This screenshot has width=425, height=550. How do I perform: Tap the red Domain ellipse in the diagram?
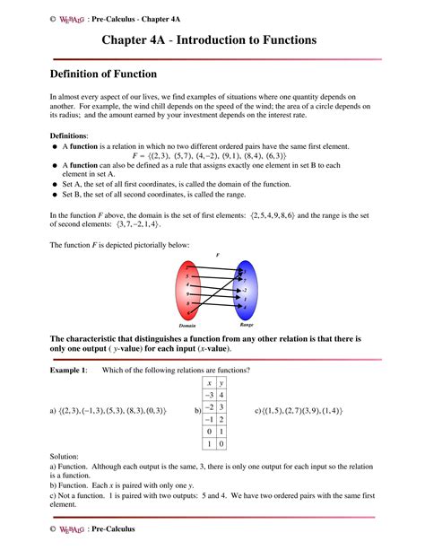(190, 290)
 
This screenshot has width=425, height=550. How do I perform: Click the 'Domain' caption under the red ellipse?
(186, 326)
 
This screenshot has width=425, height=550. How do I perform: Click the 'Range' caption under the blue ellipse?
(247, 324)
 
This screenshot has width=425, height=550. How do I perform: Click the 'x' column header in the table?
(207, 382)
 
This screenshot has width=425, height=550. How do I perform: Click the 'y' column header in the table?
(221, 382)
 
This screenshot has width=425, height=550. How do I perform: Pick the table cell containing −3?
(207, 394)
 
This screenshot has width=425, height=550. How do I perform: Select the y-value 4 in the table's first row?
(221, 394)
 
